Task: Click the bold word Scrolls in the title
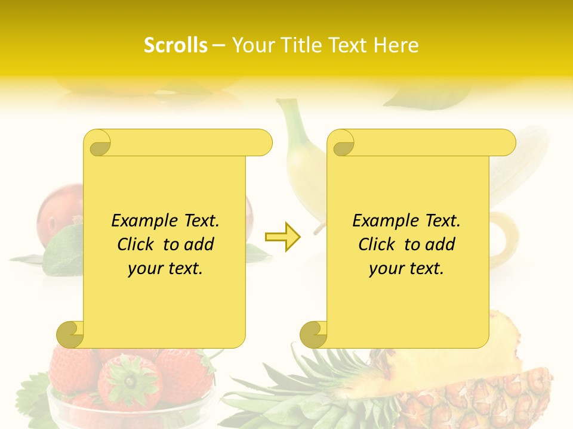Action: coord(175,45)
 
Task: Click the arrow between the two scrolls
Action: coord(283,237)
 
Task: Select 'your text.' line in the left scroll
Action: coord(165,269)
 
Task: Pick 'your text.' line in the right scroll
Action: coord(406,269)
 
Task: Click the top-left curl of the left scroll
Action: coord(98,143)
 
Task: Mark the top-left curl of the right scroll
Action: coord(341,143)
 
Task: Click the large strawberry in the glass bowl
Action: coord(130,381)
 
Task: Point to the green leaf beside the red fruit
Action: coord(63,244)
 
